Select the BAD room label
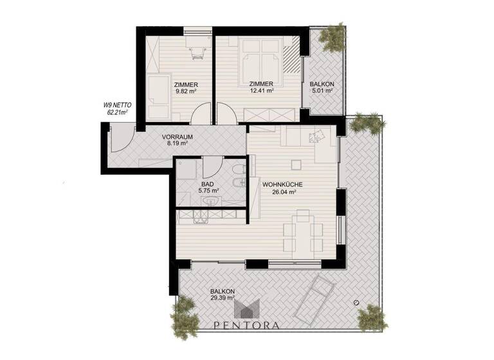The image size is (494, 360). coord(207,184)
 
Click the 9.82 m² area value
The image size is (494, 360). coord(185,91)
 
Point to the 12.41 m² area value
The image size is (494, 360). coord(262,91)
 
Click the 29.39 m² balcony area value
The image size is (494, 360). coord(222,298)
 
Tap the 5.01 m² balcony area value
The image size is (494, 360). coord(322,91)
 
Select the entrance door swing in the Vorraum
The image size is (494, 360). coord(122,139)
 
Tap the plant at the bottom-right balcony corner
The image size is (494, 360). coord(372,316)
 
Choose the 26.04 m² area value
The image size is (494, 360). coord(279,192)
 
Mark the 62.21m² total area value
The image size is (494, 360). coord(117,112)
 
